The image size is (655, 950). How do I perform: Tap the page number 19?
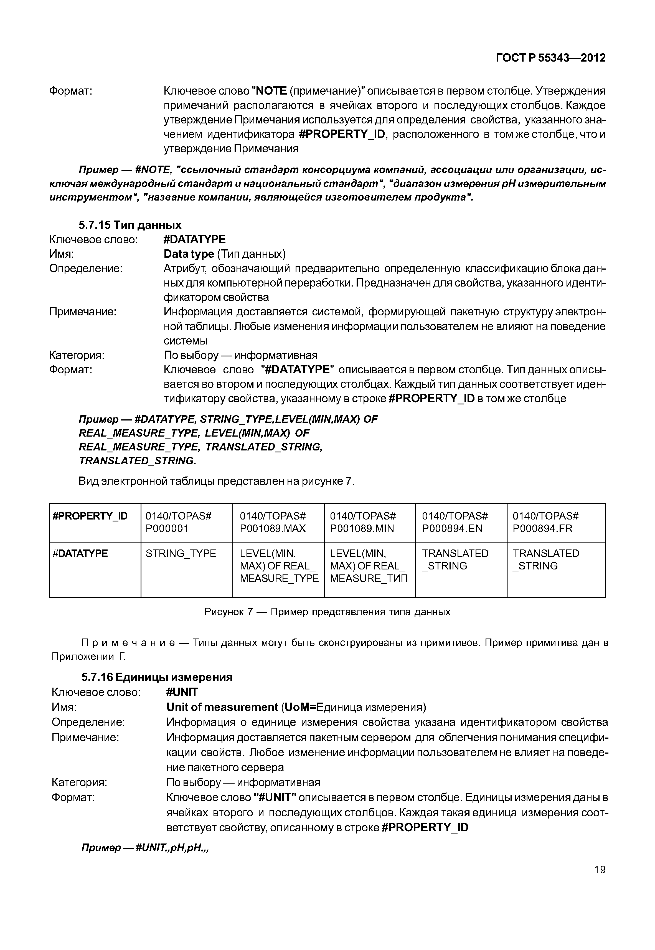click(599, 870)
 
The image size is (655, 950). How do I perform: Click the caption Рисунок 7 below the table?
click(327, 612)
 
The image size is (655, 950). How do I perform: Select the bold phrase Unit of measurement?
click(222, 707)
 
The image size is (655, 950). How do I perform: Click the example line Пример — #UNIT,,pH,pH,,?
click(145, 848)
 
